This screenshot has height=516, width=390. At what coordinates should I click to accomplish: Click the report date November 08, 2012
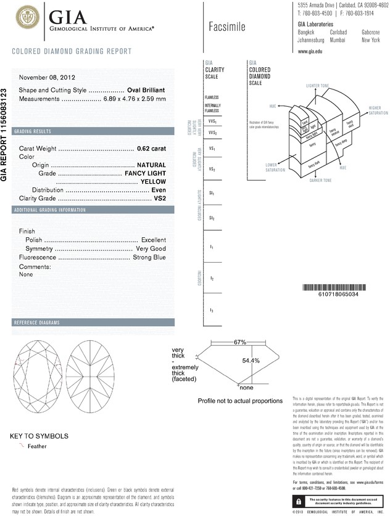point(48,78)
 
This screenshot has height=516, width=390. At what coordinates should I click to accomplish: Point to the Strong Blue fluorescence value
point(149,257)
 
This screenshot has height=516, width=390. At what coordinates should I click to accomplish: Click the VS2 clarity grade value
point(160,199)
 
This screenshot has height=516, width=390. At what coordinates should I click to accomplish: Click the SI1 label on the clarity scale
point(211,193)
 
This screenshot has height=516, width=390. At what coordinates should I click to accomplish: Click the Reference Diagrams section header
point(37,322)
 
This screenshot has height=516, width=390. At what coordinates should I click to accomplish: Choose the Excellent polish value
point(154,239)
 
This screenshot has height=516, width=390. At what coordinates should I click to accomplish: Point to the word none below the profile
point(247,388)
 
